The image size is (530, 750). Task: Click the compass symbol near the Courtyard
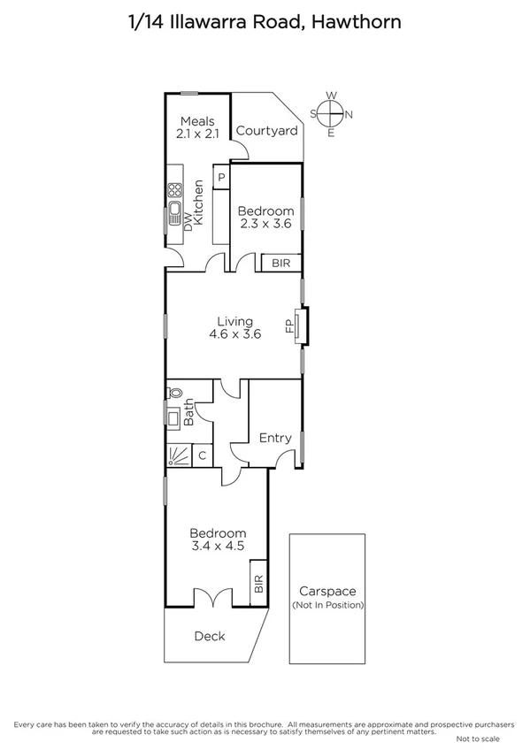point(331,113)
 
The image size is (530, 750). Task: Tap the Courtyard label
point(266,131)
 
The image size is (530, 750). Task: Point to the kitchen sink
point(174,215)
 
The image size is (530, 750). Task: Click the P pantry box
point(221,176)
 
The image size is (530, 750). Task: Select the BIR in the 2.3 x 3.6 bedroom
point(281,263)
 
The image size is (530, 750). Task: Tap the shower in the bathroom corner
point(178,455)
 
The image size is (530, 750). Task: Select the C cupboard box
point(203,455)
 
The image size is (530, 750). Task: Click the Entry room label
point(275,438)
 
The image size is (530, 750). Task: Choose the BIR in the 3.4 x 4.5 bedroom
point(259,583)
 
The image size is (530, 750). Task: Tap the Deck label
point(210,636)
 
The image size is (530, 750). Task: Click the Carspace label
point(326,593)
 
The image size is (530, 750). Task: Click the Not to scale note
point(479,738)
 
